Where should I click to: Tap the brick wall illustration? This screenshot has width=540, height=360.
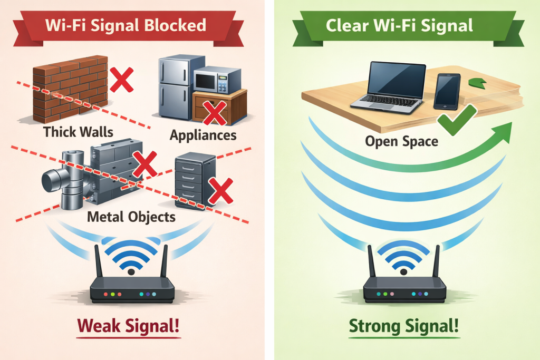(x=70, y=90)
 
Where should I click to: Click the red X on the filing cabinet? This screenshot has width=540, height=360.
(x=221, y=191)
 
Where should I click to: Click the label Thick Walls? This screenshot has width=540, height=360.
(x=78, y=131)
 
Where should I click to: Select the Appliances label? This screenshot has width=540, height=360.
(x=203, y=135)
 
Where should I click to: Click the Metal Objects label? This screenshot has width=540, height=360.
(x=131, y=217)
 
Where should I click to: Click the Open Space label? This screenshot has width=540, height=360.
(x=402, y=141)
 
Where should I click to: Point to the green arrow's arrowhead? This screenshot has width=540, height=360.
(x=504, y=129)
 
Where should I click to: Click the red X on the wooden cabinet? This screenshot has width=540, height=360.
(x=214, y=111)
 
